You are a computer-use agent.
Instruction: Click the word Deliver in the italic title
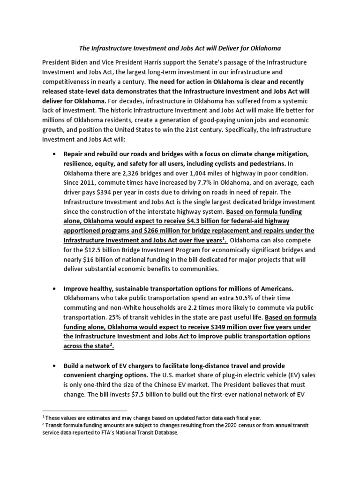[222, 48]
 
